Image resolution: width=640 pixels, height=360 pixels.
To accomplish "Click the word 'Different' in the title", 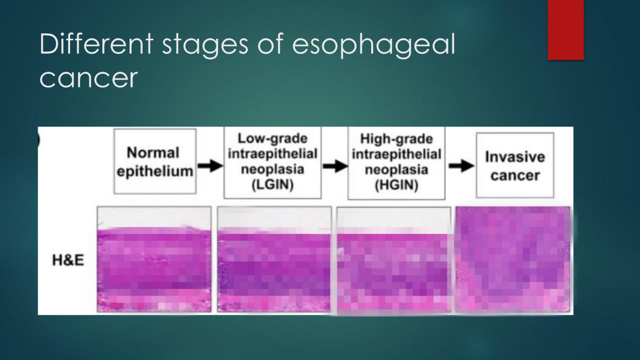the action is pyautogui.click(x=96, y=44).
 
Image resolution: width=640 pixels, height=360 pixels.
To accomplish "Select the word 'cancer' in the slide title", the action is pyautogui.click(x=89, y=78).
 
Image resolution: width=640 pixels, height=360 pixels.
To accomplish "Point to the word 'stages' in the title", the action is pyautogui.click(x=205, y=46).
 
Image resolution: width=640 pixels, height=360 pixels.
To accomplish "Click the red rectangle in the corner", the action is pyautogui.click(x=566, y=30).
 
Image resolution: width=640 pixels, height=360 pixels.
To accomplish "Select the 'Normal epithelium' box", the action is pyautogui.click(x=155, y=161).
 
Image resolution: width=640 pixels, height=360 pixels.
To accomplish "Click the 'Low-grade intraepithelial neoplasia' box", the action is pyautogui.click(x=272, y=162).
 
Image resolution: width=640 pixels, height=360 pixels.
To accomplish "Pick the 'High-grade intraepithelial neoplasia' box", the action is pyautogui.click(x=396, y=163).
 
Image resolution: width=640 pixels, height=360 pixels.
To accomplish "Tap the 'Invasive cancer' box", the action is pyautogui.click(x=515, y=165).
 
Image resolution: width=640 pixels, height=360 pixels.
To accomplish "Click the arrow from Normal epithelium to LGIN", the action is pyautogui.click(x=210, y=166).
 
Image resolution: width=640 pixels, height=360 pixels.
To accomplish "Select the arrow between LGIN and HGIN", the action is pyautogui.click(x=335, y=166).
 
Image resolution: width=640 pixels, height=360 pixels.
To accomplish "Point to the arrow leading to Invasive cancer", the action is pyautogui.click(x=461, y=166).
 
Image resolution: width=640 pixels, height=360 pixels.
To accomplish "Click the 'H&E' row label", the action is pyautogui.click(x=68, y=260).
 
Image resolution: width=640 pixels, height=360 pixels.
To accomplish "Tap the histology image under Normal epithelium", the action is pyautogui.click(x=154, y=259).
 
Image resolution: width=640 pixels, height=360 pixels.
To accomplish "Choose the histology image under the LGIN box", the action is pyautogui.click(x=274, y=259).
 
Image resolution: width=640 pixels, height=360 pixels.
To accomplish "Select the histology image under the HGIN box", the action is pyautogui.click(x=394, y=260).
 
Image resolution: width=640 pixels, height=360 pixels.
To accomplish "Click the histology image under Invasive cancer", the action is pyautogui.click(x=513, y=259).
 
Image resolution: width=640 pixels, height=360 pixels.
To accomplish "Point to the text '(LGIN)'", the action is pyautogui.click(x=272, y=185).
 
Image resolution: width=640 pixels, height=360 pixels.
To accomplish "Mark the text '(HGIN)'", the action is pyautogui.click(x=396, y=186).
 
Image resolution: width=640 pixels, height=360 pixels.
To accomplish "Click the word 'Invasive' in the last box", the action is pyautogui.click(x=515, y=157).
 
